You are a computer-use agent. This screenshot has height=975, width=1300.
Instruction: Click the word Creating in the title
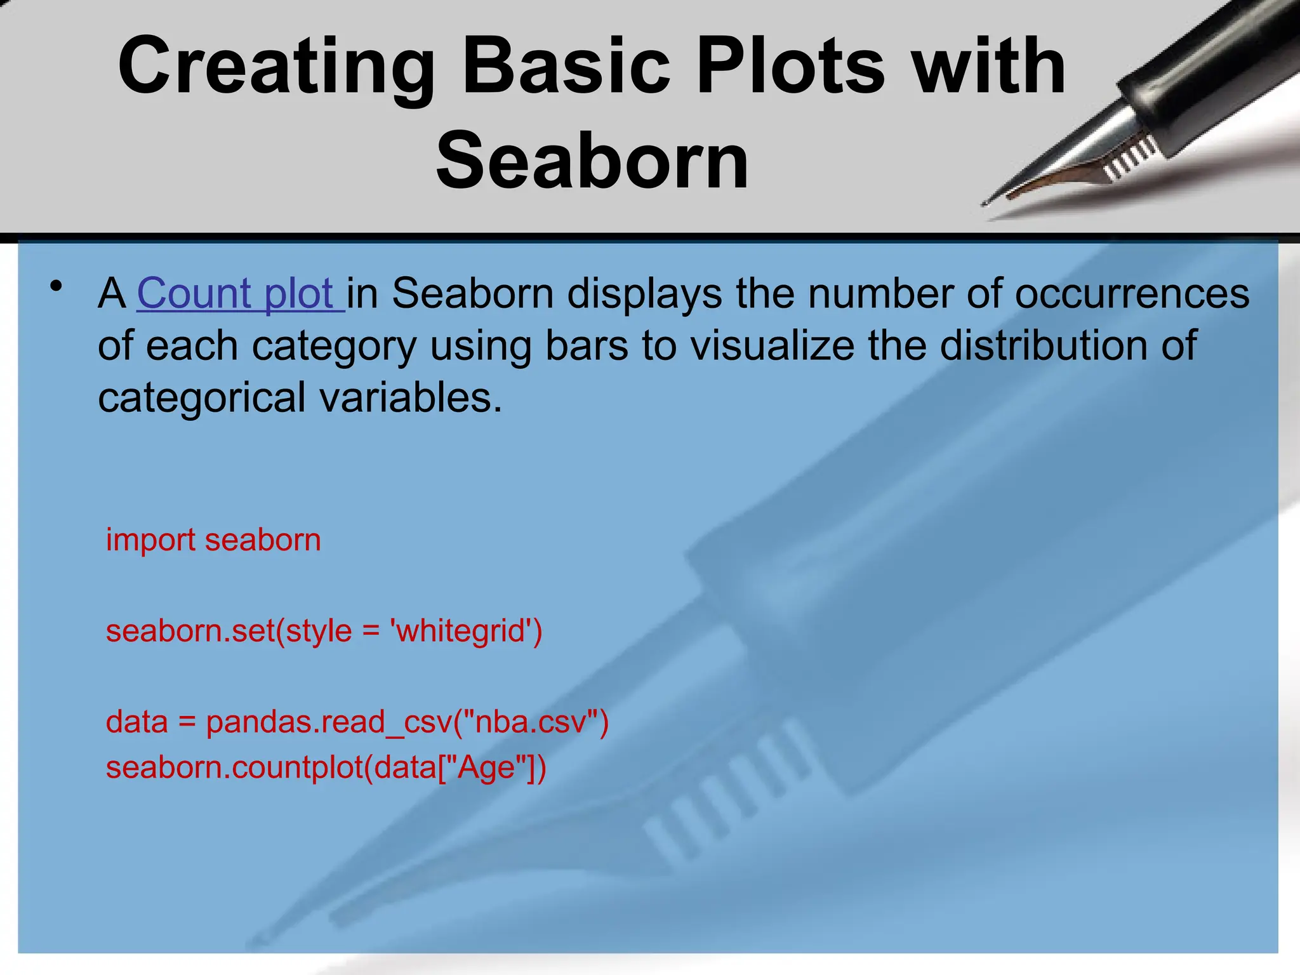(276, 67)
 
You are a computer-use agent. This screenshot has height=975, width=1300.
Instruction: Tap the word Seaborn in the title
(592, 161)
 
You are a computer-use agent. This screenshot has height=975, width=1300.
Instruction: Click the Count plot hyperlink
(240, 294)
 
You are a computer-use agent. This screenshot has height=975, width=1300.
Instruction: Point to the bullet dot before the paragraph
(57, 286)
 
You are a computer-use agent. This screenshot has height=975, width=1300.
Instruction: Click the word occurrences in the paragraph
(1132, 294)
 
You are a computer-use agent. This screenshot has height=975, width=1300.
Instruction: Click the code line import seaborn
(213, 540)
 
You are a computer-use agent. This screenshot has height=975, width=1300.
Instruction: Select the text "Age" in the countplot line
(486, 767)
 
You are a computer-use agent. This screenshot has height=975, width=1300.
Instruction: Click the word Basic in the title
(566, 67)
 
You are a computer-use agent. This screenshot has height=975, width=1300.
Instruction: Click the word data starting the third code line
(136, 722)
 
